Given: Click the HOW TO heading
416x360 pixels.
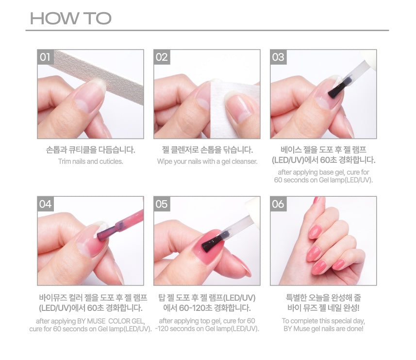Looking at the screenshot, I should pos(71,19).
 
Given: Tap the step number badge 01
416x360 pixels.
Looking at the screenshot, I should pos(45,57).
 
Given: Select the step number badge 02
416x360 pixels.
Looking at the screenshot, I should pos(161,57).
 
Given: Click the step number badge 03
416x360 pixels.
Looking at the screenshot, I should pos(278,57).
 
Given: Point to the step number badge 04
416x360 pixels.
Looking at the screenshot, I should pos(45,204).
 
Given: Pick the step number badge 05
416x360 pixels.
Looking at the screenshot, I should pos(161,204).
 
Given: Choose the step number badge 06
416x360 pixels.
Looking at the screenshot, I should pos(278,204).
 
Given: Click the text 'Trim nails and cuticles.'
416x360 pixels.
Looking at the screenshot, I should pos(90,161).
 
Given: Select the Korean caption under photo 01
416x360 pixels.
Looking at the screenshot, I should pos(90,149).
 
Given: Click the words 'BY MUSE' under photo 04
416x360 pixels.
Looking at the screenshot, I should pos(89,321).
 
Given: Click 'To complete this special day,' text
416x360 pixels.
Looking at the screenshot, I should pos(323,321).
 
